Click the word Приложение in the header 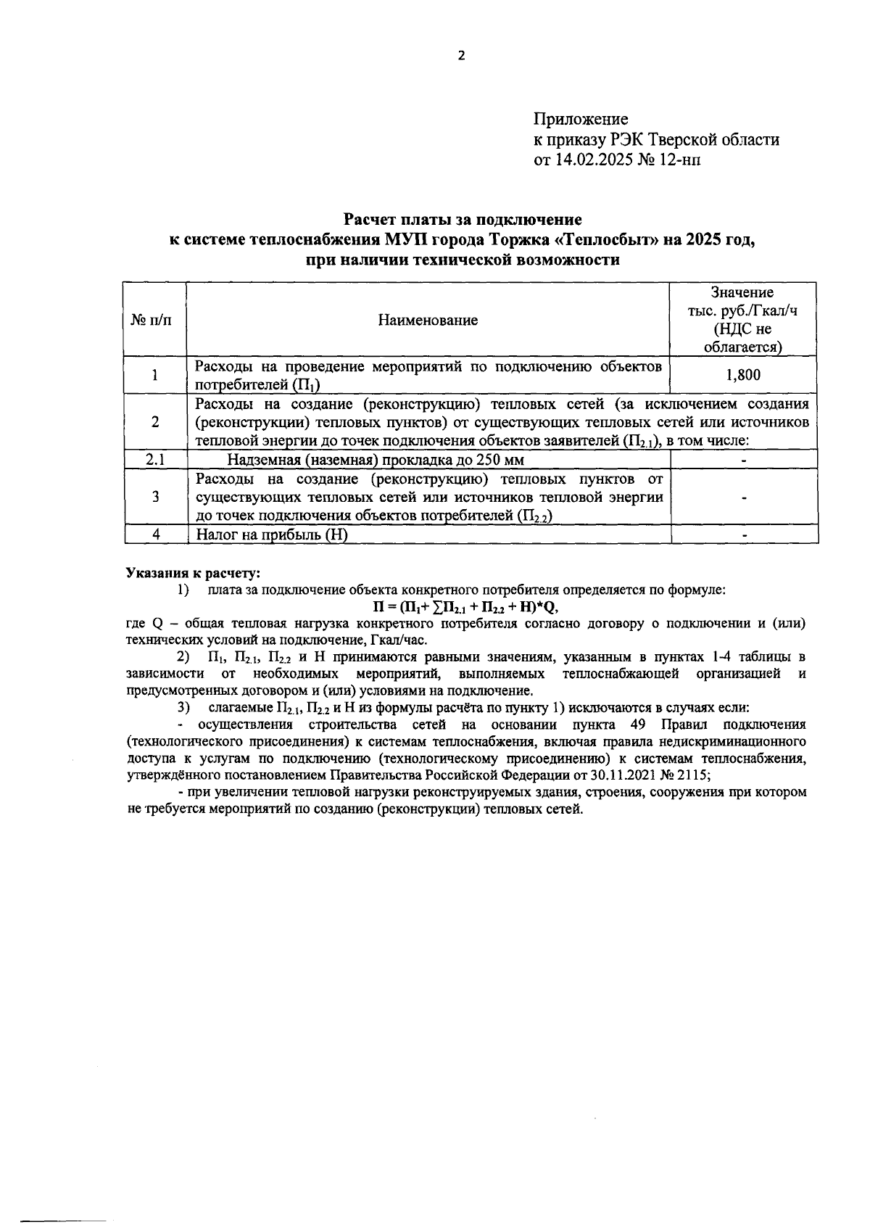click(581, 119)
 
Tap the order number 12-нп click(679, 160)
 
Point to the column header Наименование click(428, 320)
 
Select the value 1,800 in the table click(743, 375)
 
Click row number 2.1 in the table click(154, 460)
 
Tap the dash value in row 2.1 click(744, 461)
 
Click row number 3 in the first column click(154, 497)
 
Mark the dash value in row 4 click(744, 536)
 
